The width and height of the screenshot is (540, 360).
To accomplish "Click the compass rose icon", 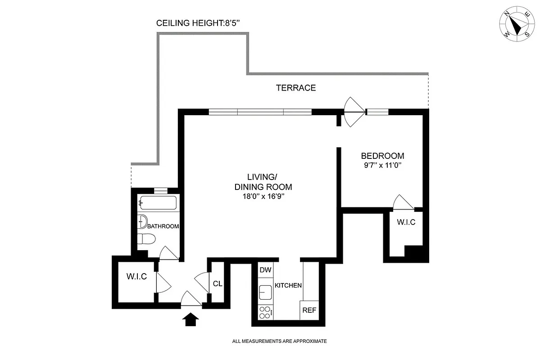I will coord(516,27).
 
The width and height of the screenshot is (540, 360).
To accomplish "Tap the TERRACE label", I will coord(296,88).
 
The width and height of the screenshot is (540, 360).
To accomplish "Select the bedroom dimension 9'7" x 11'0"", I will coord(382,165).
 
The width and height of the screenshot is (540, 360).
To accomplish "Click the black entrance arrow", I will coord(191,319).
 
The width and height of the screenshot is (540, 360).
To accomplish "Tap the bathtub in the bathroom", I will coord(157,203).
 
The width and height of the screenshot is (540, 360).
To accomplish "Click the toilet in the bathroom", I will coord(146,238).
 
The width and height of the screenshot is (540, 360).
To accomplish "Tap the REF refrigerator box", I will coord(309,310).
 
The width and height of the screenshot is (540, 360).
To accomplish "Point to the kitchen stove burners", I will coord(265,312).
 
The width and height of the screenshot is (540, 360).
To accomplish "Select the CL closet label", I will coord(218,284).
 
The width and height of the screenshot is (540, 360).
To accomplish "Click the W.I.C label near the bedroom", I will coord(406,222).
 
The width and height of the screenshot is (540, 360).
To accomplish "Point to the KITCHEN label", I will coord(288,285).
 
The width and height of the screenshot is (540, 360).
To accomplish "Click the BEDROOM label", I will coord(382,156).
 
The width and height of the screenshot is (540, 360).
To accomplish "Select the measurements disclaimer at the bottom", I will coord(279,342).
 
